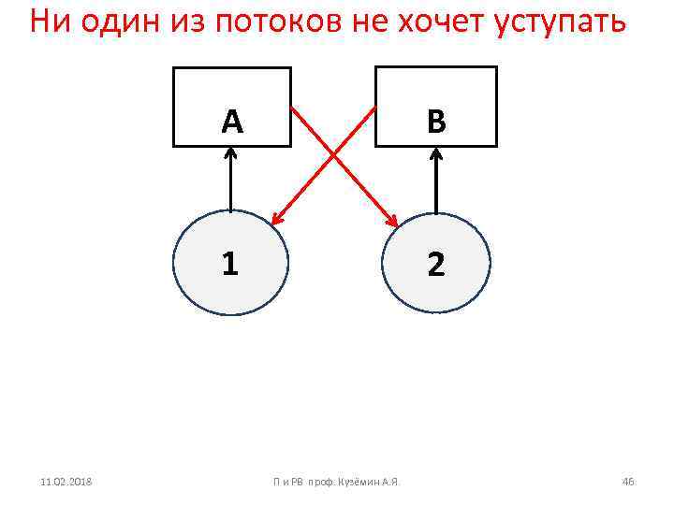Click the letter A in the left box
[x=232, y=121]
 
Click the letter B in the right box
[x=435, y=121]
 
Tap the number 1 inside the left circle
[x=230, y=265]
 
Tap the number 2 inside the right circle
[x=435, y=265]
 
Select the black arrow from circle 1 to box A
[x=230, y=182]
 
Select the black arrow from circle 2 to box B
[x=435, y=182]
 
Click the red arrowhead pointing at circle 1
[x=275, y=221]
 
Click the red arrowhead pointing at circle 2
[x=393, y=221]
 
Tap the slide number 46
[x=627, y=482]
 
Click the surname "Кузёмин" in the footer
[x=360, y=482]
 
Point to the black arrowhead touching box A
[x=230, y=155]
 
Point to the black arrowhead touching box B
[x=435, y=155]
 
